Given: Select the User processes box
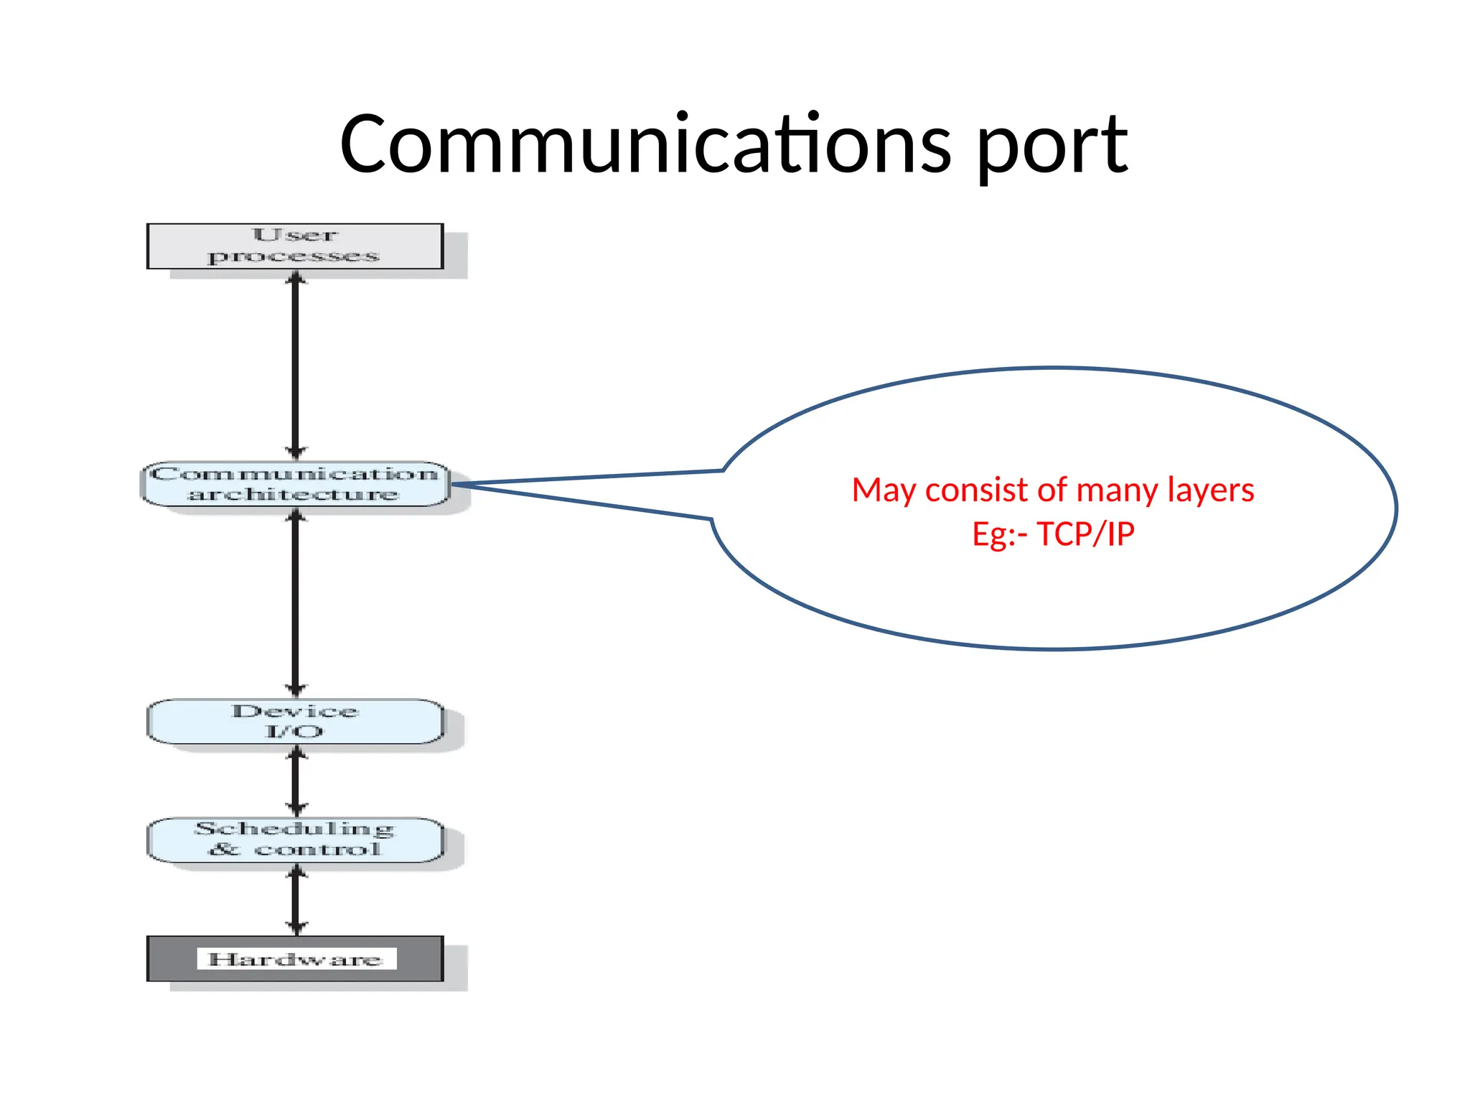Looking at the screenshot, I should (294, 246).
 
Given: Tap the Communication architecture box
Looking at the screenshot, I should (294, 484).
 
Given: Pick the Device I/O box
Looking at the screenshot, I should (294, 721).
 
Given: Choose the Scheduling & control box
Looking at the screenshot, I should (294, 839).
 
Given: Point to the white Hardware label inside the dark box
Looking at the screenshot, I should (296, 959).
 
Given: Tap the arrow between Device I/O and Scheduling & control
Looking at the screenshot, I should (296, 781).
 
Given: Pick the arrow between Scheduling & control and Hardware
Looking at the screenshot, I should (296, 899).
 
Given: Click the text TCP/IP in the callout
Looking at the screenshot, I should (1085, 534).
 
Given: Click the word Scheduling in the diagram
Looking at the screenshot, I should (294, 829).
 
